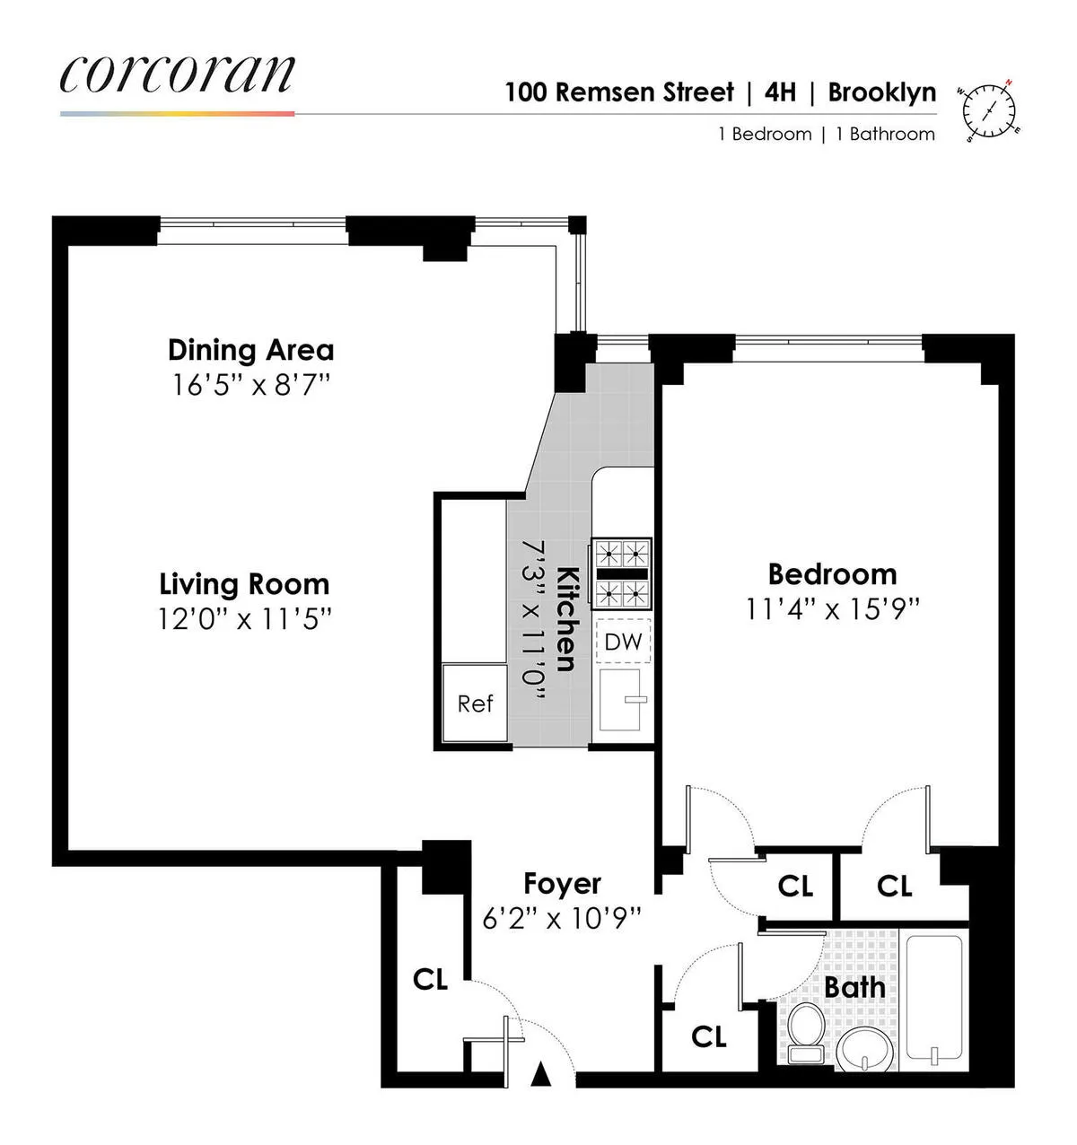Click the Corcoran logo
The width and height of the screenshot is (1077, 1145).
coord(177,74)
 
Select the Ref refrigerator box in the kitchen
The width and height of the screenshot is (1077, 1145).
coord(475,704)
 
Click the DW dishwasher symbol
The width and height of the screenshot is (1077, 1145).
coord(623,642)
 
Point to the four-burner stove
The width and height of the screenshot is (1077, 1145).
coord(621,572)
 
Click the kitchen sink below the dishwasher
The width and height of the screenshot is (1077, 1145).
coord(621,699)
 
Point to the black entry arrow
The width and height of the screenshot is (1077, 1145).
coord(540,1074)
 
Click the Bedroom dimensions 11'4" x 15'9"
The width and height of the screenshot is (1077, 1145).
coord(833,610)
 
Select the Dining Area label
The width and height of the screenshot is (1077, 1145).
coord(250,350)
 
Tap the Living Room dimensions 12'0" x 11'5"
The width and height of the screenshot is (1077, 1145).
coord(244,619)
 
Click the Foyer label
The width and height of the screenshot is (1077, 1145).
coord(562,884)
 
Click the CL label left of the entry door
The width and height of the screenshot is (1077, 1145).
coord(430,979)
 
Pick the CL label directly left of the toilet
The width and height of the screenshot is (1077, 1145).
coord(708,1037)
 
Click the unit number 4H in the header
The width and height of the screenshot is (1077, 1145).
coord(780,92)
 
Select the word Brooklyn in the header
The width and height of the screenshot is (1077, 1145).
coord(881,92)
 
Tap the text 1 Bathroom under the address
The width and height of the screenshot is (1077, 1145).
coord(885,135)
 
